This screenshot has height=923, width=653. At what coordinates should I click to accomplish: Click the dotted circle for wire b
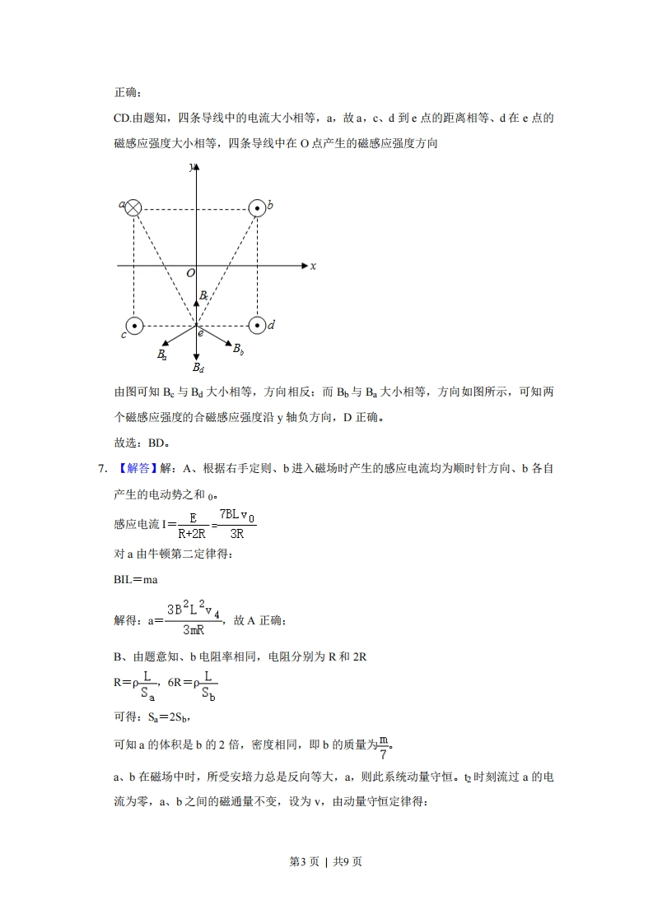coord(258,208)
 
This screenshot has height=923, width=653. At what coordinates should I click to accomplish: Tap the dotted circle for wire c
coord(134,326)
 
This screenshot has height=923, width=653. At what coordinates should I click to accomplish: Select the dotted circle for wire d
coord(258,326)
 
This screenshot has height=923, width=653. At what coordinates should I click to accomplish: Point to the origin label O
coord(190,273)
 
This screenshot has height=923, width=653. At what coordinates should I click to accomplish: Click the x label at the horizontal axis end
coord(313,266)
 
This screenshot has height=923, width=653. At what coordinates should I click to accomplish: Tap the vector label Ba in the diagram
coord(162,355)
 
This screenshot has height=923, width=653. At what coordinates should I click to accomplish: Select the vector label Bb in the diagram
coord(238,350)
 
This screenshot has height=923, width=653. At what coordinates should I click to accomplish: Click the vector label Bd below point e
coord(198,368)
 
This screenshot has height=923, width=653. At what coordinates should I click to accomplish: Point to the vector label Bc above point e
coord(203,295)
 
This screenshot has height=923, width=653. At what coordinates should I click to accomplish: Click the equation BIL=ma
coord(135,579)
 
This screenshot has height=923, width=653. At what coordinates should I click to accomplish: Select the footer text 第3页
coord(304,862)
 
